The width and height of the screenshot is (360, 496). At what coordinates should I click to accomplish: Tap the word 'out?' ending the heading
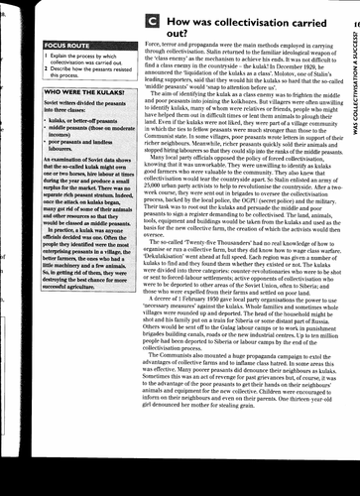point(174,34)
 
